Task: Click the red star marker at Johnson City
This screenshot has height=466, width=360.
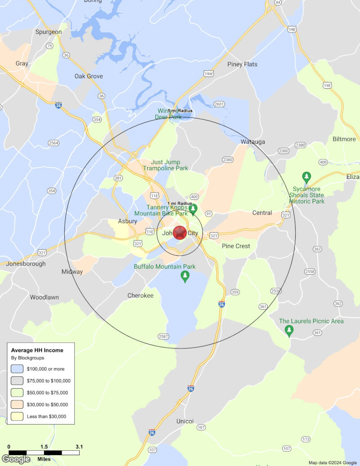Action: pyautogui.click(x=180, y=233)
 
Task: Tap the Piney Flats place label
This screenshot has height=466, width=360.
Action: pyautogui.click(x=242, y=64)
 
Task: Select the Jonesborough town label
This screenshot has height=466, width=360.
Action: pyautogui.click(x=26, y=264)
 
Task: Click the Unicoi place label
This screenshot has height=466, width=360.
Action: pyautogui.click(x=185, y=421)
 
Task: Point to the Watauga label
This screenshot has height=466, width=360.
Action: pyautogui.click(x=252, y=142)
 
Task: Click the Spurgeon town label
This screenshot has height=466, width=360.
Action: pyautogui.click(x=49, y=32)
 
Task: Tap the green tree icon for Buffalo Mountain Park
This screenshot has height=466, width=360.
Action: pyautogui.click(x=184, y=276)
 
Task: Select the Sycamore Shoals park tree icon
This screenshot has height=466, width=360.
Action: pyautogui.click(x=306, y=177)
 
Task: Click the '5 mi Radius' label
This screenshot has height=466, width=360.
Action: pyautogui.click(x=180, y=111)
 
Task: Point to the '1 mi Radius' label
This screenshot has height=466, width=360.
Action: pyautogui.click(x=180, y=204)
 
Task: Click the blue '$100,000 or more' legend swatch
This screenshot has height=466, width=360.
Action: pyautogui.click(x=17, y=369)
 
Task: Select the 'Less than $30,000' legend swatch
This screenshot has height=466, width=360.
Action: pyautogui.click(x=17, y=416)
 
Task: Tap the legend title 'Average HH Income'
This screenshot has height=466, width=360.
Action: pyautogui.click(x=37, y=350)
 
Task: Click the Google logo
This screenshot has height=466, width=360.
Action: pyautogui.click(x=16, y=459)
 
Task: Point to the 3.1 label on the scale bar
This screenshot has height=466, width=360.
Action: pyautogui.click(x=79, y=447)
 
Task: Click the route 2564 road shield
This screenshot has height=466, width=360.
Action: pyautogui.click(x=54, y=143)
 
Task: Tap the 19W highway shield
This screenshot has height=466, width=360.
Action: pyautogui.click(x=208, y=73)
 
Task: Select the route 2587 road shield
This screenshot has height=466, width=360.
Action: pyautogui.click(x=163, y=336)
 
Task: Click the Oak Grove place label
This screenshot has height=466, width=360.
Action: pyautogui.click(x=89, y=76)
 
